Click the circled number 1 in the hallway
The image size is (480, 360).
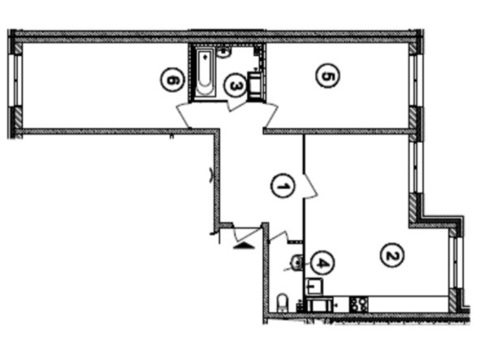click(x=283, y=185)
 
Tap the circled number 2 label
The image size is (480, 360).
click(x=391, y=255)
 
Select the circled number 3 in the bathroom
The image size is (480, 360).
click(x=235, y=85)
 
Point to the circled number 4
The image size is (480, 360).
click(x=322, y=262)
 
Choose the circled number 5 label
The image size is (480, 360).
click(x=327, y=76)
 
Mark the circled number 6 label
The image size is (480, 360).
click(x=173, y=80)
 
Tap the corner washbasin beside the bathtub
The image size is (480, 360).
click(x=224, y=52)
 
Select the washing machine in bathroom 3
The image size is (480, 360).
click(x=254, y=86)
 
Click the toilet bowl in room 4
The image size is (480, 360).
click(x=283, y=302)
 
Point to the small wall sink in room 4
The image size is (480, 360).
click(x=296, y=262)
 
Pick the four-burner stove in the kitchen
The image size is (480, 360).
click(x=359, y=304)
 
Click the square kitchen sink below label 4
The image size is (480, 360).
click(x=314, y=286)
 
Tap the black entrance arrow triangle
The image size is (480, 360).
click(x=244, y=245)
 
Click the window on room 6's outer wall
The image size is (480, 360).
click(x=17, y=80)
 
